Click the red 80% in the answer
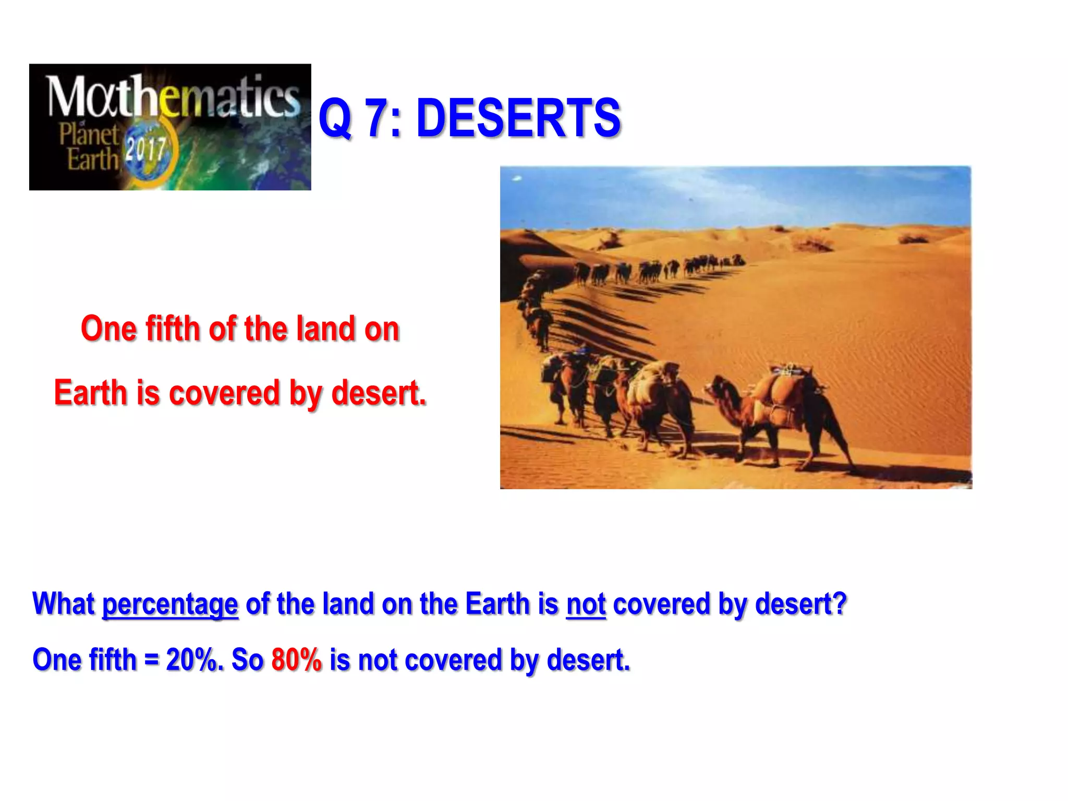296,660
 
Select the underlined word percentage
170,604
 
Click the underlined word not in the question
586,604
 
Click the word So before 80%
247,660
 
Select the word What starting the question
64,604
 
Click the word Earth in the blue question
497,604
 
